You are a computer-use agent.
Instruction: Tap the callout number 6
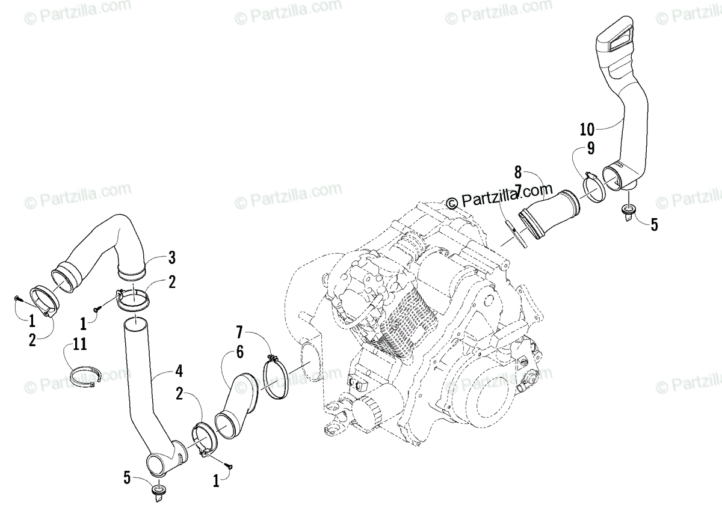pos(239,353)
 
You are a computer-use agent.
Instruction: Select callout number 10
pos(587,129)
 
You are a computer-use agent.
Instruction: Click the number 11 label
pos(79,344)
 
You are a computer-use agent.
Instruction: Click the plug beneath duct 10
pos(629,211)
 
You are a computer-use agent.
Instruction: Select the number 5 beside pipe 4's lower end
pos(127,478)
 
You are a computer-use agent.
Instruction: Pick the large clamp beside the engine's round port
pos(275,380)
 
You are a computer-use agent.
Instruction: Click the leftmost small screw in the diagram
pos(16,298)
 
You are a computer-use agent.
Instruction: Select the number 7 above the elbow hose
pos(239,331)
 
